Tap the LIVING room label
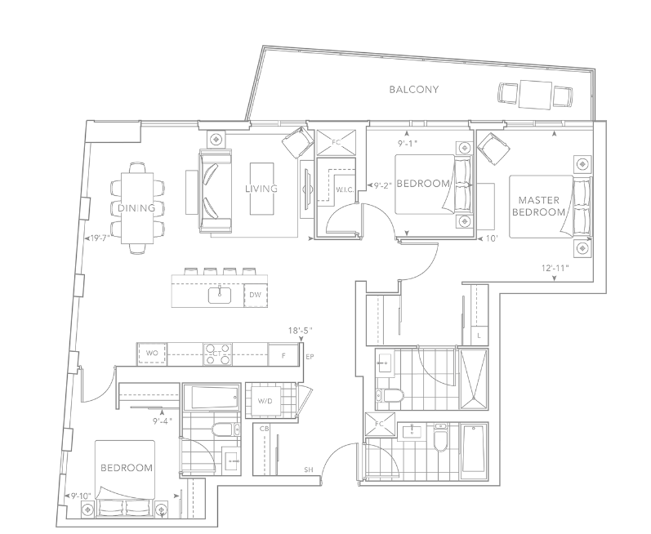[x=261, y=189]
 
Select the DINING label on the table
[x=136, y=208]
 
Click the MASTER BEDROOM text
[x=538, y=206]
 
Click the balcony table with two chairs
[x=536, y=94]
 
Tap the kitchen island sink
[x=221, y=294]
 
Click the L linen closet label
[x=479, y=336]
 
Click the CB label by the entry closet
[x=264, y=426]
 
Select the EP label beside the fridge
[x=309, y=358]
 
